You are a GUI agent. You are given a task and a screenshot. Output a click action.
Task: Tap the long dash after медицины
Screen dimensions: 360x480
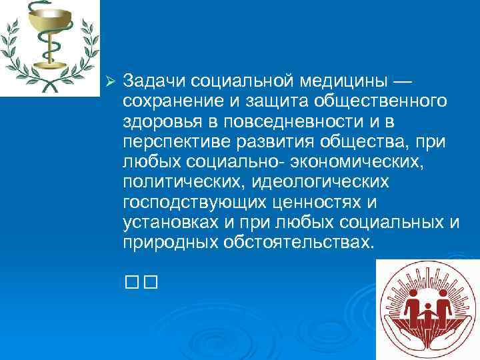403,81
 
